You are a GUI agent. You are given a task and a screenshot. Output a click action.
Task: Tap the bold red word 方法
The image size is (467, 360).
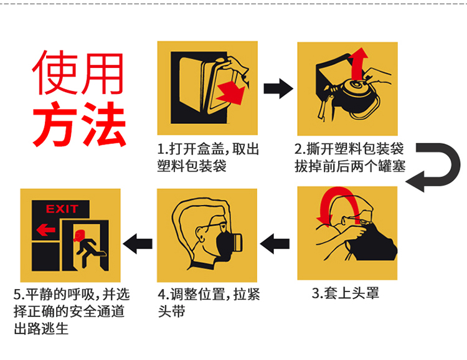[78, 124]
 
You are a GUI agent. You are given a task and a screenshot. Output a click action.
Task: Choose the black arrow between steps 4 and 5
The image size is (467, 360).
[136, 243]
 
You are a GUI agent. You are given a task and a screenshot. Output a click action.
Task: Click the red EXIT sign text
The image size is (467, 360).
[62, 209]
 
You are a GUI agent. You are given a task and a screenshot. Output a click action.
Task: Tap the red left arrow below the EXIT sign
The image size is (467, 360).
[45, 230]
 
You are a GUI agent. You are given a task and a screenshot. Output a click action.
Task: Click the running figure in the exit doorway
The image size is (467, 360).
[83, 247]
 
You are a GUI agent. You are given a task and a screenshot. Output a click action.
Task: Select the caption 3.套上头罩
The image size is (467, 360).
[345, 293]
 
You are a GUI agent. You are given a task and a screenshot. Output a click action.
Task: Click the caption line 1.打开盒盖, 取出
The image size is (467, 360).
[207, 149]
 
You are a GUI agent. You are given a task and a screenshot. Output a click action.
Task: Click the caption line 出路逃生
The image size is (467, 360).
[41, 329]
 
